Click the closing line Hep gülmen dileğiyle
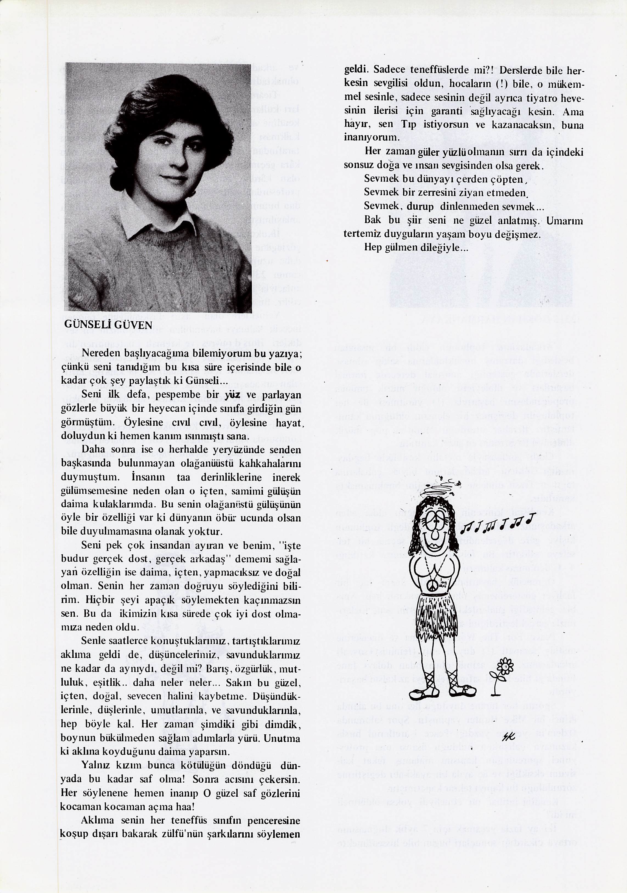[x=416, y=247]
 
